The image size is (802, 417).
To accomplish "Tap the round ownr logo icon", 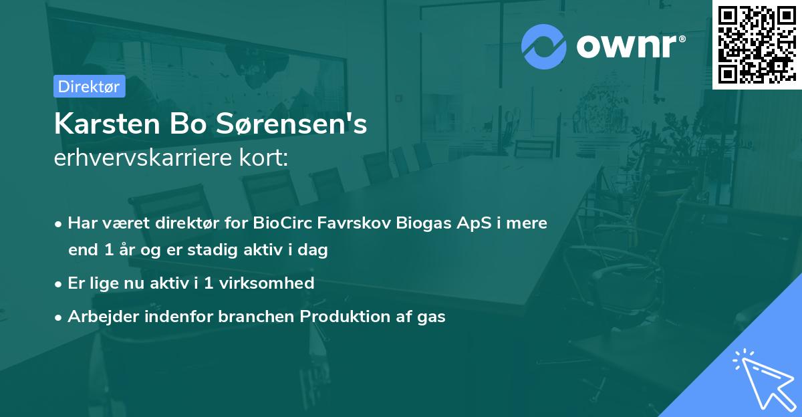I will (x=543, y=46).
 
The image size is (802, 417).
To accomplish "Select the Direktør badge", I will (x=89, y=86).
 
